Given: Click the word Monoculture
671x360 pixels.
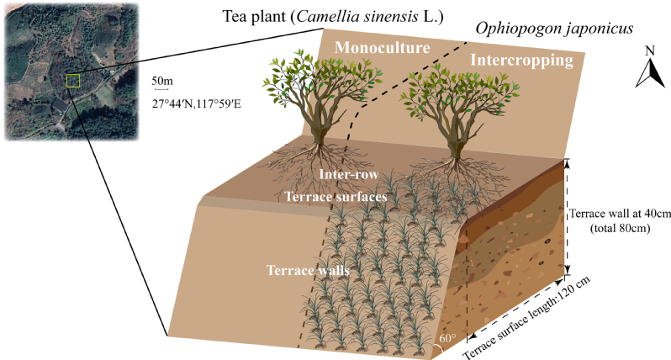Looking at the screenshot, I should (x=383, y=48).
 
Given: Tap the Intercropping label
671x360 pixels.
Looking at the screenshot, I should (x=522, y=61).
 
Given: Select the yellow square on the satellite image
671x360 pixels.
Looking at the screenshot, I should (x=73, y=80).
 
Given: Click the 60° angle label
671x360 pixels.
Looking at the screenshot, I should (x=446, y=340).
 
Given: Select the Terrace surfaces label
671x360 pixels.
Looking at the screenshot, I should (x=335, y=196).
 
